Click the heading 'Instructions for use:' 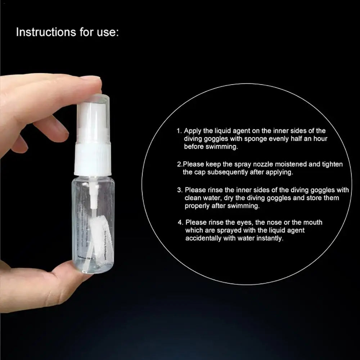[x=67, y=32]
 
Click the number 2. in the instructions [x=180, y=164]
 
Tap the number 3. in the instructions [x=181, y=190]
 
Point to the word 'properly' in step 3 [x=197, y=206]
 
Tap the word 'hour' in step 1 [x=320, y=139]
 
